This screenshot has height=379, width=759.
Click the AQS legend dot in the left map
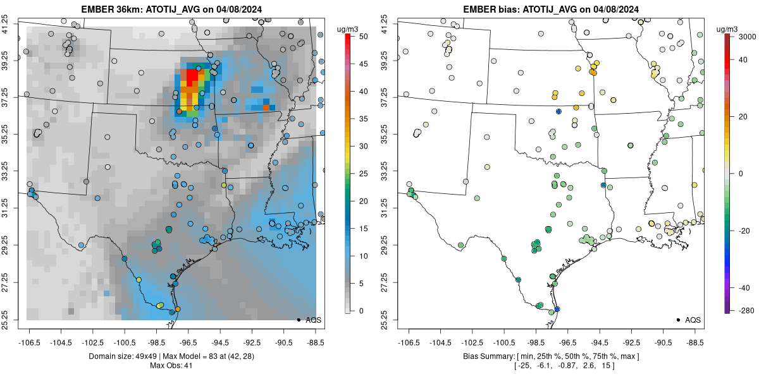[x=299, y=320]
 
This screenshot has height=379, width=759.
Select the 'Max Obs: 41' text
[x=171, y=366]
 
